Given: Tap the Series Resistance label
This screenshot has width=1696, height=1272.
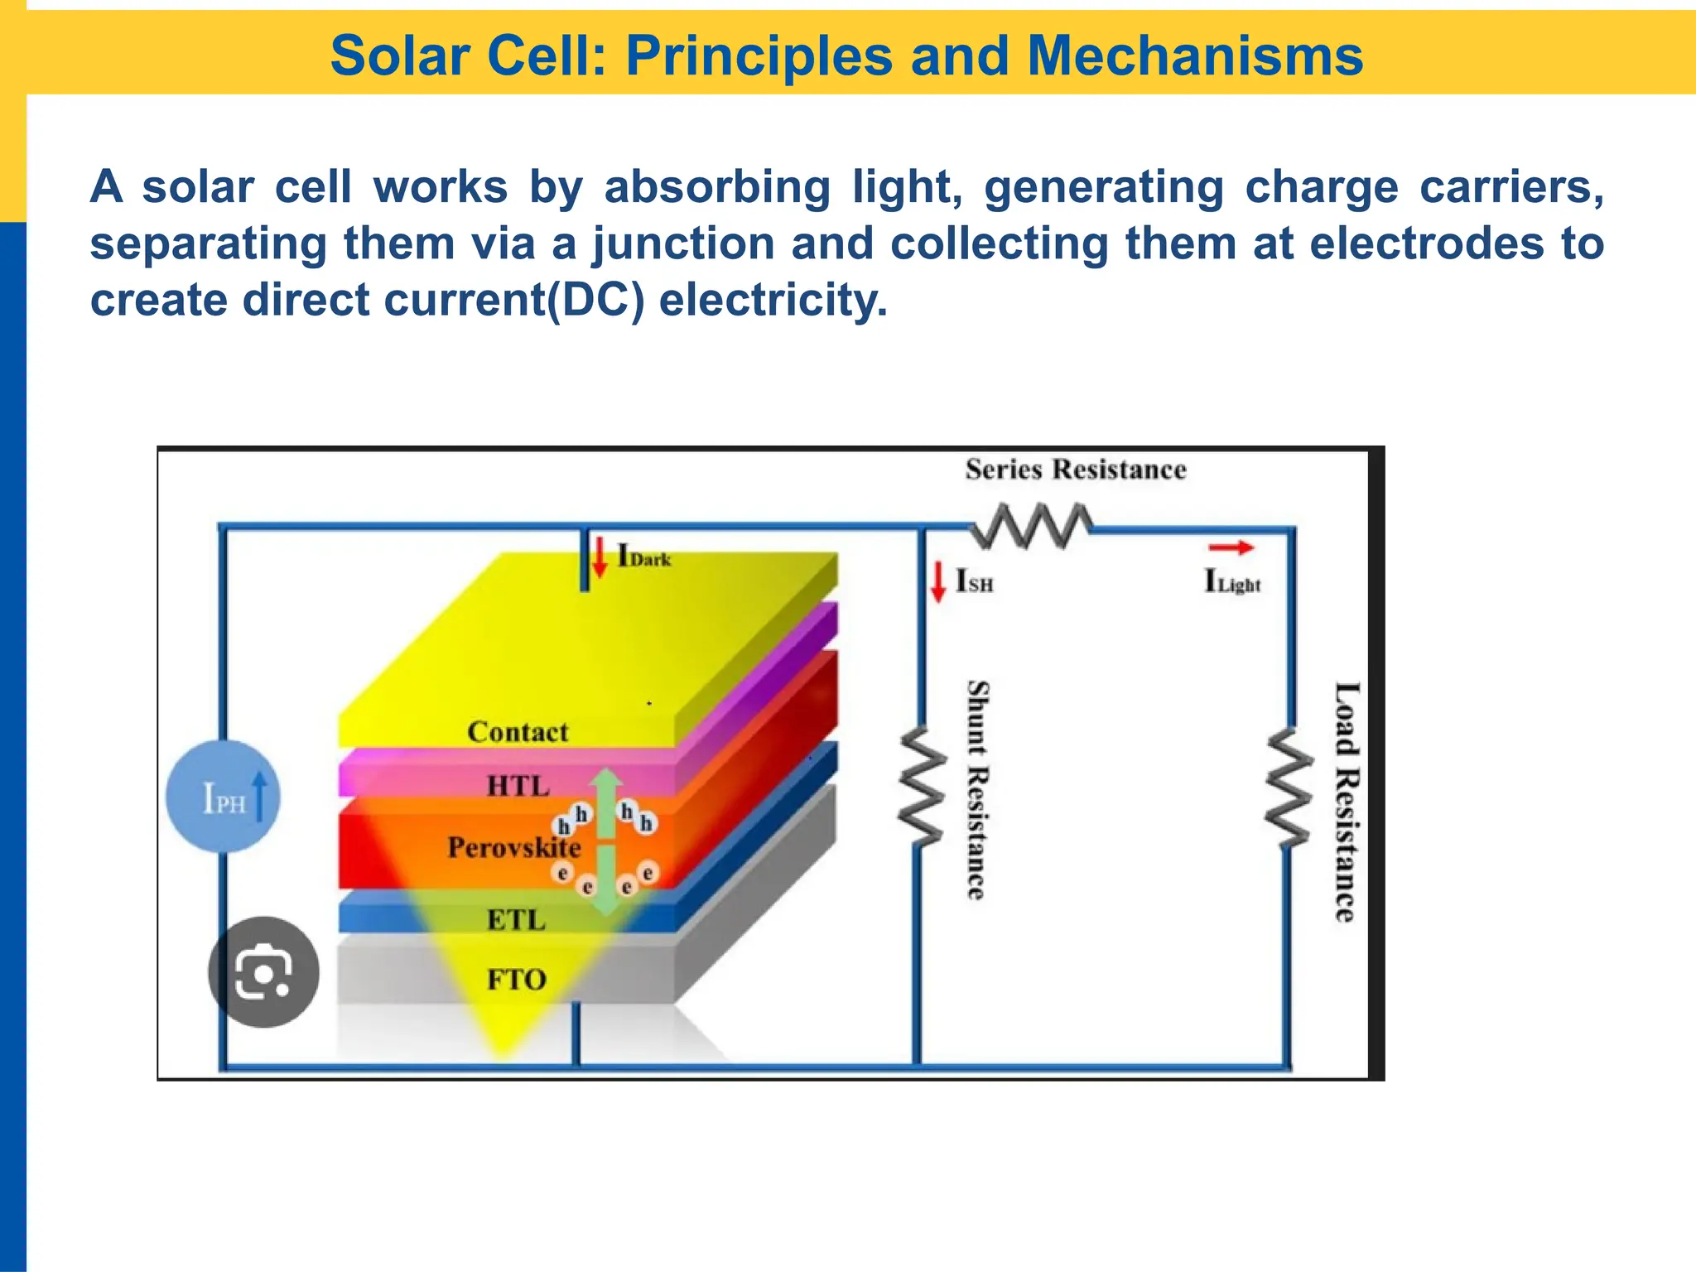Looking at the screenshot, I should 1075,470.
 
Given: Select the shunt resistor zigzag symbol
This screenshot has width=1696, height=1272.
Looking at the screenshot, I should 922,787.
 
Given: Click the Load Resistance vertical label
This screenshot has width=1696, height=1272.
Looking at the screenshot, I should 1347,801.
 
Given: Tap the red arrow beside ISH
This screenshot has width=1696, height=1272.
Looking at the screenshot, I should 937,581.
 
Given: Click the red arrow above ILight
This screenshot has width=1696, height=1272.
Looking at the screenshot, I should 1231,547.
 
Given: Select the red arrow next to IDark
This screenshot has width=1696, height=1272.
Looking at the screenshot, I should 600,556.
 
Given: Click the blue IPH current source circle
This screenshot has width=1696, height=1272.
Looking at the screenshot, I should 224,797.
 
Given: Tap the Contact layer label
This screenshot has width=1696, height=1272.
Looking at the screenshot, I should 518,732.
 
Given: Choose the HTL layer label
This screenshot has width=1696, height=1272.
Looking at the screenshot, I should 518,785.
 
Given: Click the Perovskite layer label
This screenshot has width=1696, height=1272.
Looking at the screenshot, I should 514,847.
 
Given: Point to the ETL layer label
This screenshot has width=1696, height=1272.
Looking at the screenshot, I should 516,919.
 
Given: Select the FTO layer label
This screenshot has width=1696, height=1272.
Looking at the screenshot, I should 516,980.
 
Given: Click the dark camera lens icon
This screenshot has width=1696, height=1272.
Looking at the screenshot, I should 263,972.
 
